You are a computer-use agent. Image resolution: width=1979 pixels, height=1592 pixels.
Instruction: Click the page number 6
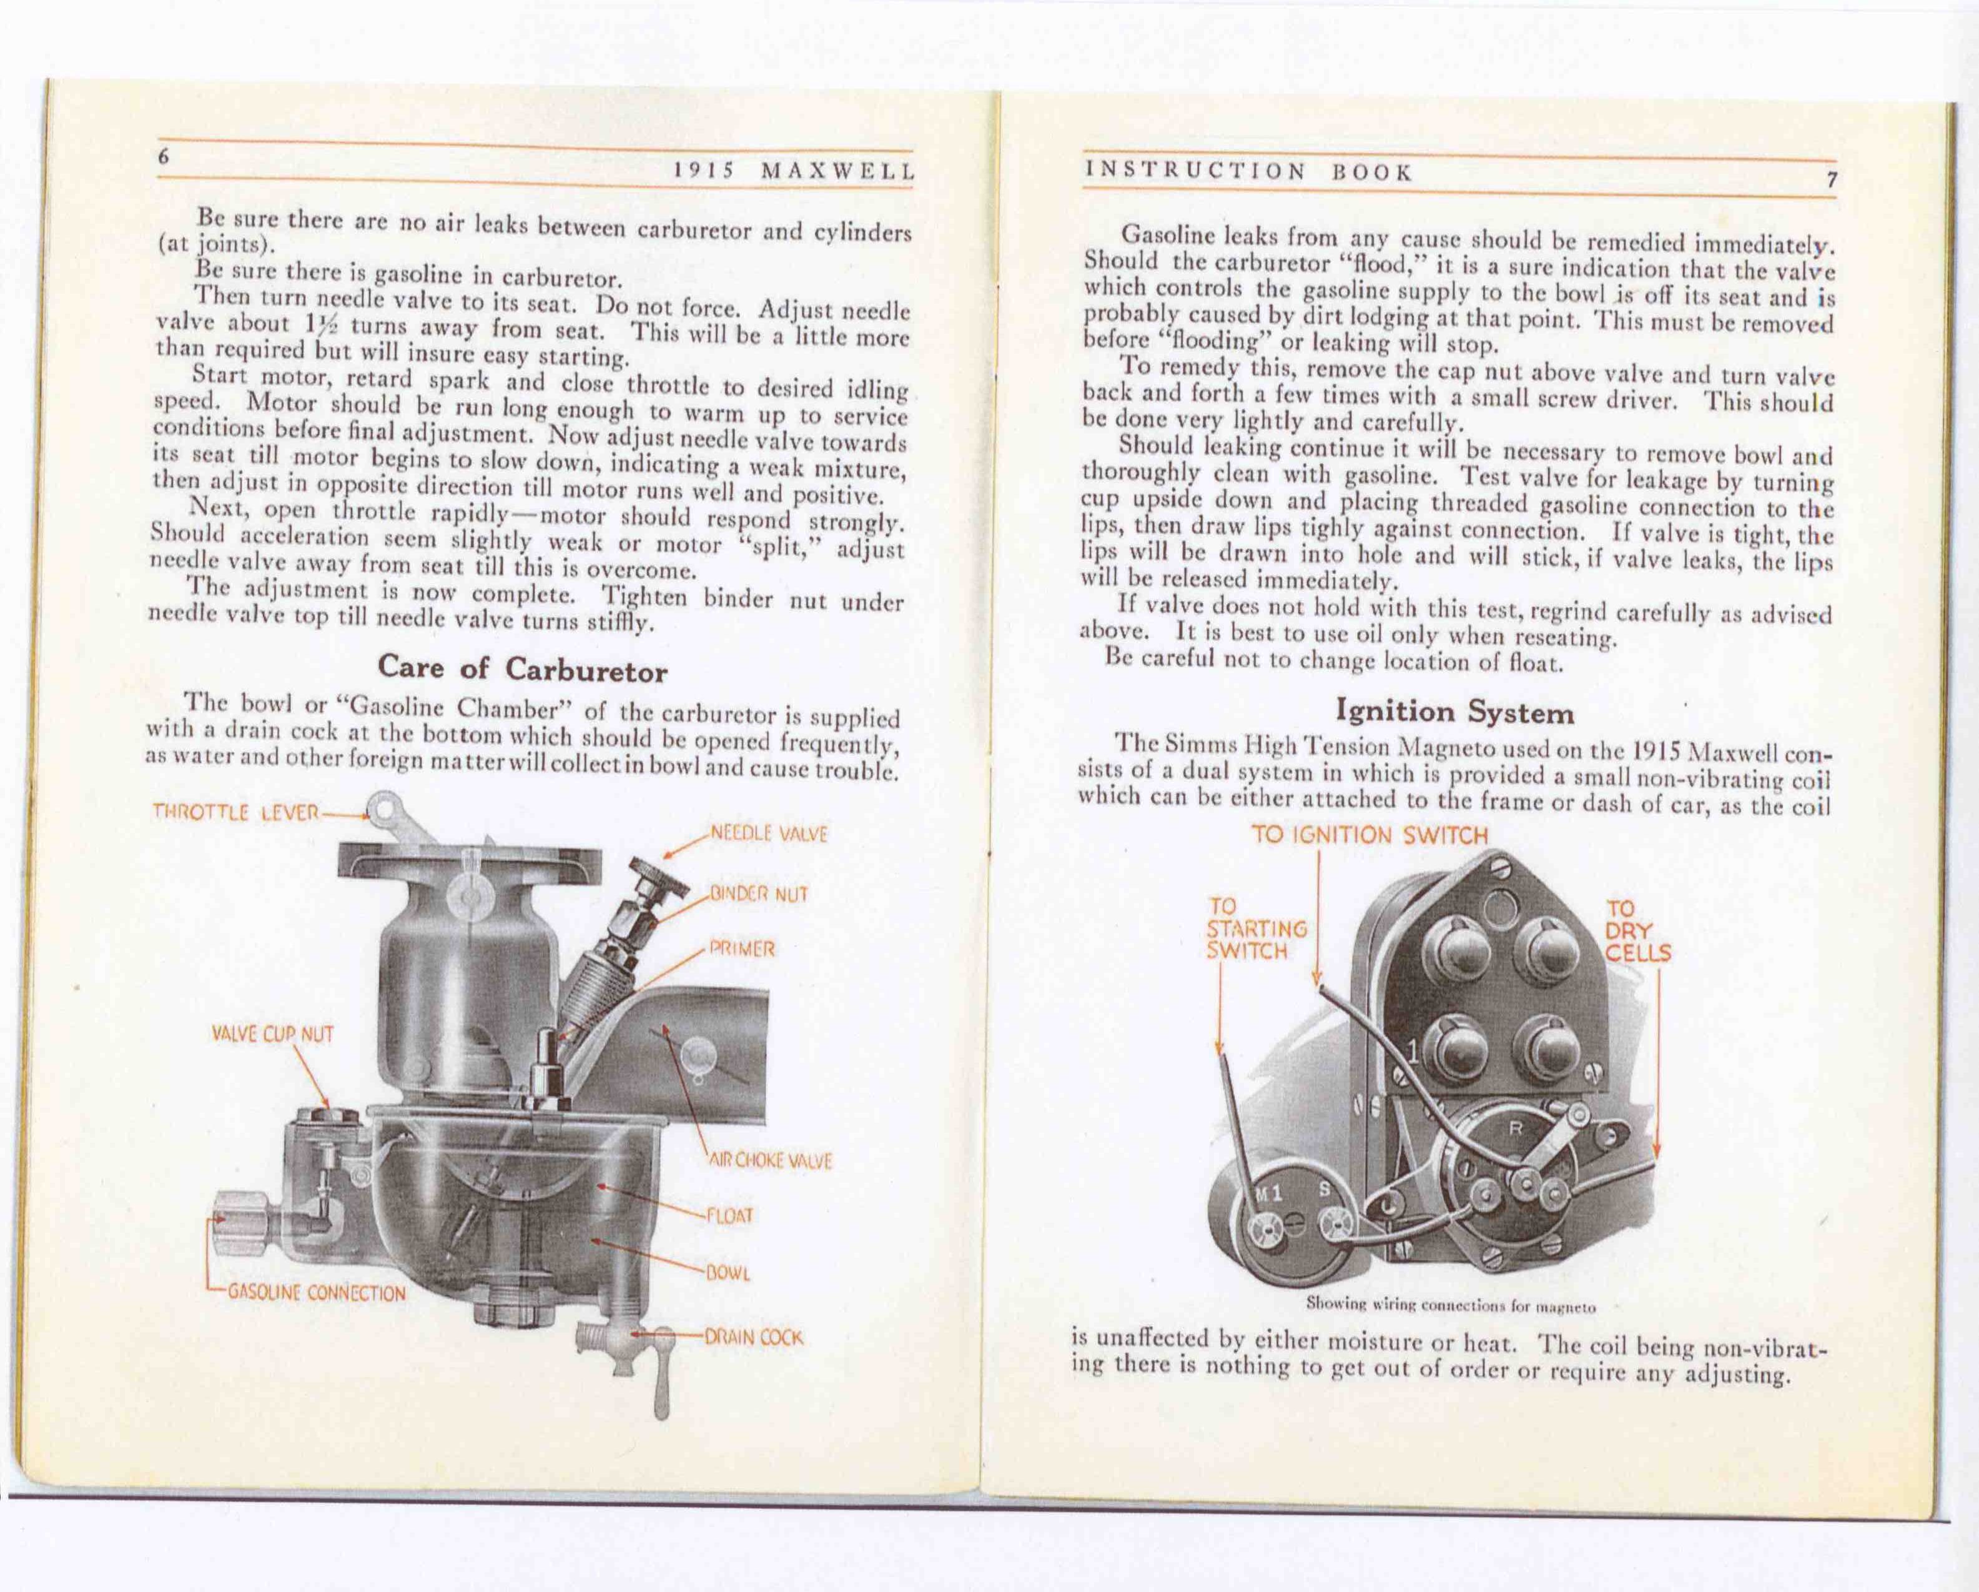pos(164,157)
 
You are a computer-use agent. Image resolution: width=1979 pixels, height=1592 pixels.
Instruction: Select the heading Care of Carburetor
pos(522,669)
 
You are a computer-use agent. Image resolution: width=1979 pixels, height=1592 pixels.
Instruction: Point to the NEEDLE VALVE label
pos(770,834)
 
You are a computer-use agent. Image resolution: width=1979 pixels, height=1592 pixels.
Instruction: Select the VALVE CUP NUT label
pos(273,1035)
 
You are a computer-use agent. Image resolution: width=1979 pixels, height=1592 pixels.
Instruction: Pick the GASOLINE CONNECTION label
pos(316,1294)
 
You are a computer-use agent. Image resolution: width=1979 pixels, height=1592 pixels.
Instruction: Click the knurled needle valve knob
pos(656,877)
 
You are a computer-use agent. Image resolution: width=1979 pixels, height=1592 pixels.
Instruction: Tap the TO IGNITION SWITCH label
pos(1370,834)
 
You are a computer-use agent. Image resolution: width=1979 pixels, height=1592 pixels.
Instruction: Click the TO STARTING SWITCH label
pos(1256,928)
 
